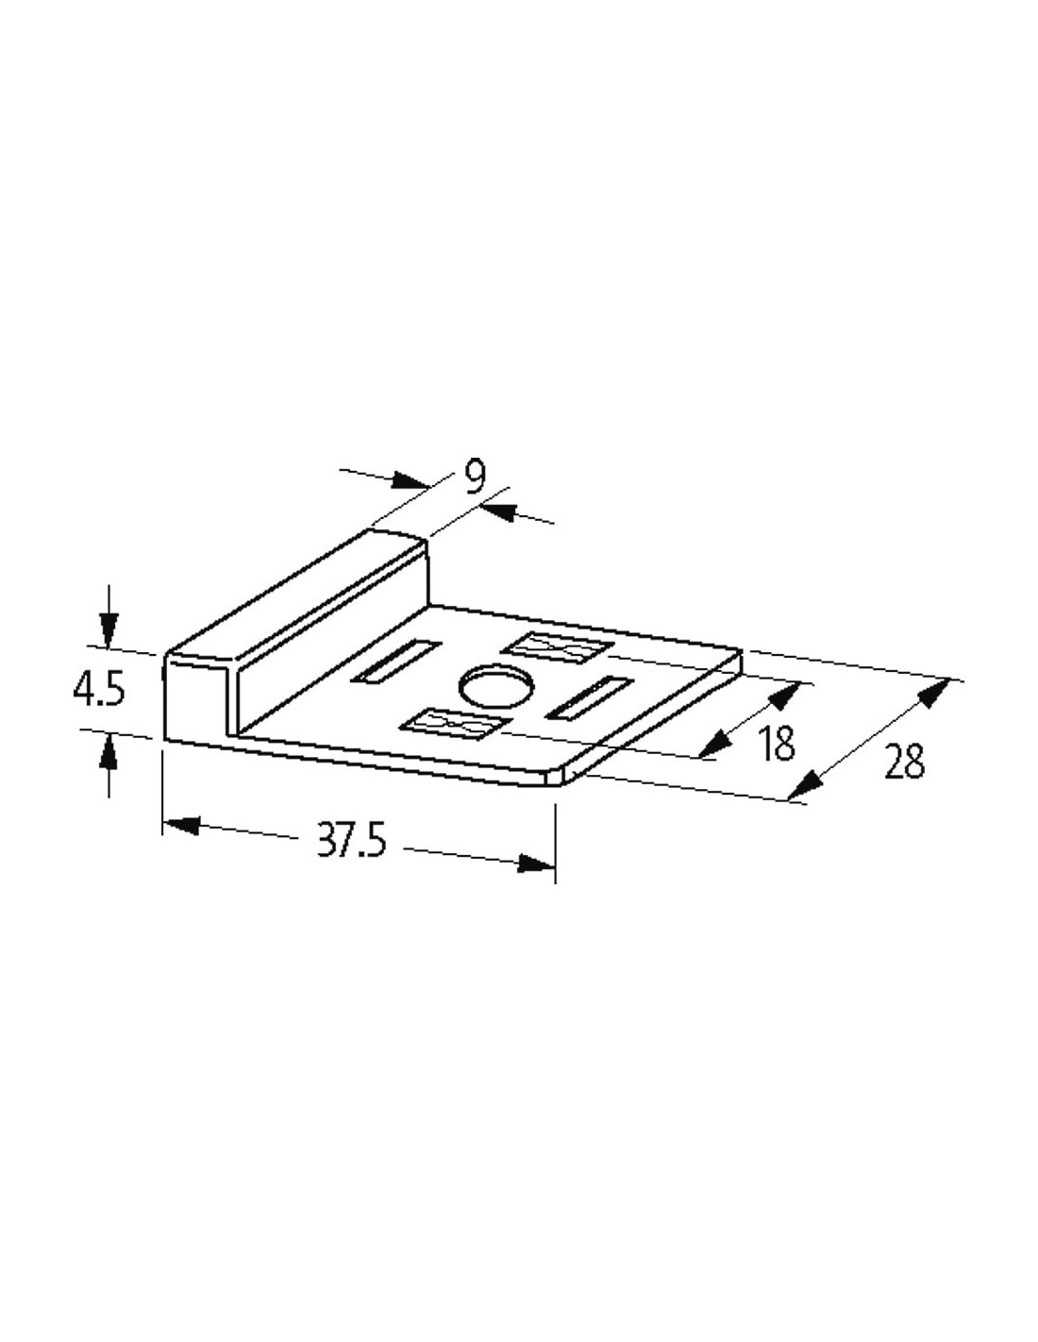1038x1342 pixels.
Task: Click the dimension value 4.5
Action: tap(99, 691)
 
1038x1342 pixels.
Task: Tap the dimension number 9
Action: tap(475, 478)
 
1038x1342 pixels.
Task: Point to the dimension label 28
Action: tap(905, 761)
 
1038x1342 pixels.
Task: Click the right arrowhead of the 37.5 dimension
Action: tap(536, 864)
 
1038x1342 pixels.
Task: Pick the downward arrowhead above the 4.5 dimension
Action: tap(109, 631)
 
